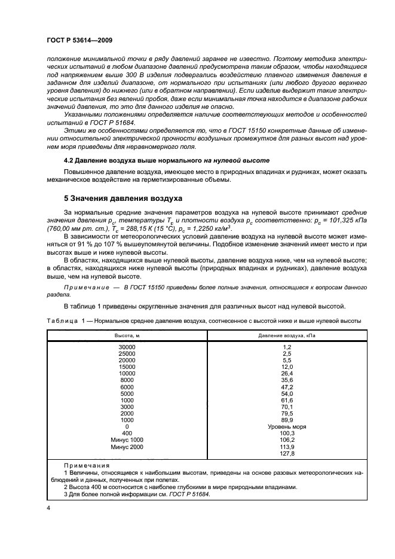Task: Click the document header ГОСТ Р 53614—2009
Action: (79, 39)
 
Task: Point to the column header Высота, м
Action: (127, 336)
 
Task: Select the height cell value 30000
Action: (127, 347)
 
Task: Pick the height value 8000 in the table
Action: (127, 380)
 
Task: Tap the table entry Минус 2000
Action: (127, 447)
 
